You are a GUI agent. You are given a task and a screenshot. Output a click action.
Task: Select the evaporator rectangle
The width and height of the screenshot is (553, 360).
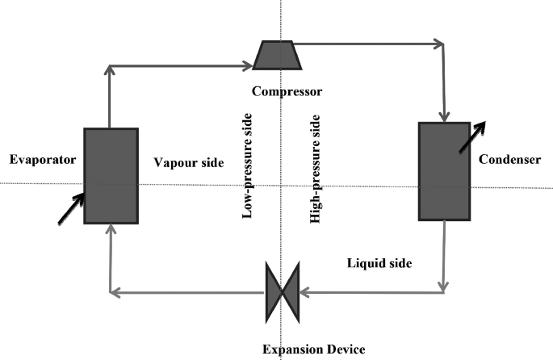coord(110,174)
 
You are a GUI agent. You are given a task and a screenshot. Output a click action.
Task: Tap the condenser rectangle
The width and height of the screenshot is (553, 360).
coord(443,170)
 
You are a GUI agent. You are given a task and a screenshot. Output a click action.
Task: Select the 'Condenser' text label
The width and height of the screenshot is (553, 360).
coord(509,160)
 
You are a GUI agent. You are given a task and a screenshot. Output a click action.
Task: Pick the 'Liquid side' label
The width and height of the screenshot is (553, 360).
coord(379,263)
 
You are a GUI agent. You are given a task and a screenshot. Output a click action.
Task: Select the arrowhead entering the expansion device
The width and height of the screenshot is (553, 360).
coord(306,292)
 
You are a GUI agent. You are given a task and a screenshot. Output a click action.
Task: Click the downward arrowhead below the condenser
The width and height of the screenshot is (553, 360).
coord(443,286)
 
